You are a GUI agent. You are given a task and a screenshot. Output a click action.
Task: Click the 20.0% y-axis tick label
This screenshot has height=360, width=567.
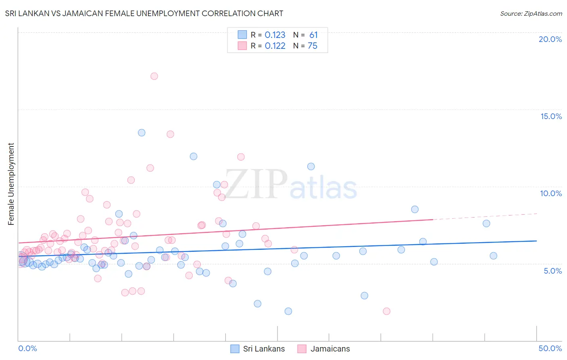click(x=550, y=39)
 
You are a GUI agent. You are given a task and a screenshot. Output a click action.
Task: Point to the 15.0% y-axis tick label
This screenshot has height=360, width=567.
click(x=551, y=116)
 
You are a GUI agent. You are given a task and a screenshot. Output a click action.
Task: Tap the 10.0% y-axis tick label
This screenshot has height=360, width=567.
click(x=551, y=193)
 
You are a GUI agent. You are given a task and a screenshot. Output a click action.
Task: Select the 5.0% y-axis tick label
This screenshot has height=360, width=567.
click(x=552, y=271)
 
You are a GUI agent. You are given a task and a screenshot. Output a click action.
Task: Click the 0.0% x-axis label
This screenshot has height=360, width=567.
click(x=27, y=348)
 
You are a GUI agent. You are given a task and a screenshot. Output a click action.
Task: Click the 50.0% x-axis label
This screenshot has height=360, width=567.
click(x=550, y=348)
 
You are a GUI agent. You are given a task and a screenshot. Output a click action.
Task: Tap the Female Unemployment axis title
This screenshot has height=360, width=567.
click(x=11, y=184)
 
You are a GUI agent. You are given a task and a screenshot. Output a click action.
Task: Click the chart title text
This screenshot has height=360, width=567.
click(x=144, y=13)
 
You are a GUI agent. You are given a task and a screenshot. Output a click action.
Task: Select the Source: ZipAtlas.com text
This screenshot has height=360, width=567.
click(x=531, y=13)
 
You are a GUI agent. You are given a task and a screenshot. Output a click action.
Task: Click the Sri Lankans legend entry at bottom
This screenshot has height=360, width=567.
click(x=264, y=349)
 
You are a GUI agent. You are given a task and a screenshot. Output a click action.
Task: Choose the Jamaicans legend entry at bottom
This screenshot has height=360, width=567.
click(x=330, y=349)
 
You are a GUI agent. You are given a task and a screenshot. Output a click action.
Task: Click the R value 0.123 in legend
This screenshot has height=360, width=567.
click(x=275, y=35)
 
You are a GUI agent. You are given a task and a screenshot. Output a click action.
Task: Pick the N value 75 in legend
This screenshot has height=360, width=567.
click(x=313, y=46)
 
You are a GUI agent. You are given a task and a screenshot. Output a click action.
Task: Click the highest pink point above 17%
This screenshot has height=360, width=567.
click(x=154, y=76)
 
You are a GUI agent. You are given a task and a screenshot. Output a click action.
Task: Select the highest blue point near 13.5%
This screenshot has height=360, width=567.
click(x=142, y=132)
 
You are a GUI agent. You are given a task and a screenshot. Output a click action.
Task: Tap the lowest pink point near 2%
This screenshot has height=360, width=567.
click(x=386, y=311)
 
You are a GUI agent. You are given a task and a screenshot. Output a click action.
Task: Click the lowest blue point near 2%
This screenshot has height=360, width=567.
click(x=288, y=311)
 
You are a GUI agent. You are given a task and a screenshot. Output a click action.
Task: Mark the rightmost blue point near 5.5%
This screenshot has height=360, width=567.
click(x=493, y=255)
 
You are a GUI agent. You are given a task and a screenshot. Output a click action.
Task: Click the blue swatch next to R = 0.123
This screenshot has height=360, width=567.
click(x=242, y=35)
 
